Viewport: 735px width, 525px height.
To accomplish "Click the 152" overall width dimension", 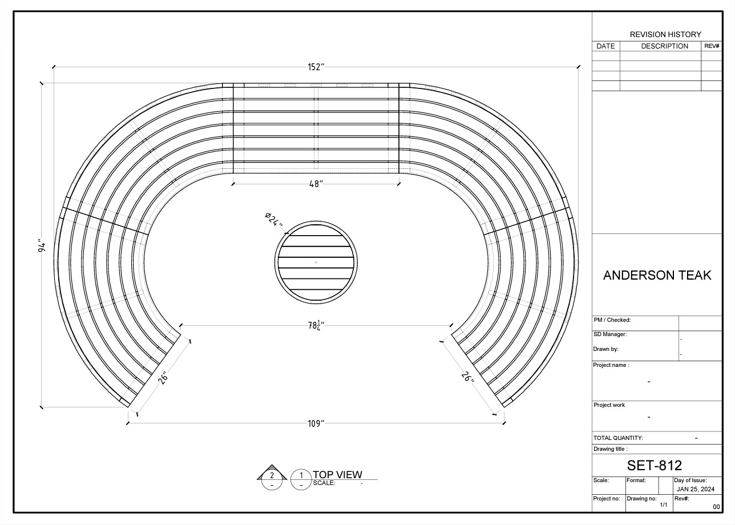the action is pos(316,67).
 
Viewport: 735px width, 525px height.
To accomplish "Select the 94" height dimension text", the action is pos(42,247).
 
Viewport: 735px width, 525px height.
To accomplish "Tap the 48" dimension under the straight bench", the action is pos(316,184).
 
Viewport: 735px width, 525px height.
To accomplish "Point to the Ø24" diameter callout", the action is pos(274,220).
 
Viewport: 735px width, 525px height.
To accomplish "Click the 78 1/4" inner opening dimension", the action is pos(316,325).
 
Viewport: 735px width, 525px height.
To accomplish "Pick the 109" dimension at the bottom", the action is pos(316,423).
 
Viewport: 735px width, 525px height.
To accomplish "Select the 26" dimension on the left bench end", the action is pos(163,378).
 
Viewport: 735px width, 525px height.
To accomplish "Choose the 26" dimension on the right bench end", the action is pos(467,377).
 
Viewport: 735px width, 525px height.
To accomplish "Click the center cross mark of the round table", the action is pos(316,262).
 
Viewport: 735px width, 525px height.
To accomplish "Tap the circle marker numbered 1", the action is pos(301,480).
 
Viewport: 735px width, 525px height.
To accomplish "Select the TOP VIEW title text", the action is pos(337,474).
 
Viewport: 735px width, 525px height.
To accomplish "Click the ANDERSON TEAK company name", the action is pos(657,275).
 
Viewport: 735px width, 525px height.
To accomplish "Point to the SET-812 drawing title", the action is pos(655,465).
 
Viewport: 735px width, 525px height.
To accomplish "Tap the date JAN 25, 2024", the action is pos(696,489).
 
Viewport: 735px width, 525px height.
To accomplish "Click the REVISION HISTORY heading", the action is pos(665,34).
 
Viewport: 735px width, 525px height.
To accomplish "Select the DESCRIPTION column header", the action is pos(664,46).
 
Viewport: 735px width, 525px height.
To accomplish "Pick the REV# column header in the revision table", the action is pos(712,46).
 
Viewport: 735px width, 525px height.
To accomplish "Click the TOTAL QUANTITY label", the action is pos(618,438).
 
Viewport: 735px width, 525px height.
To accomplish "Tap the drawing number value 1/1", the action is pos(664,504).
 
